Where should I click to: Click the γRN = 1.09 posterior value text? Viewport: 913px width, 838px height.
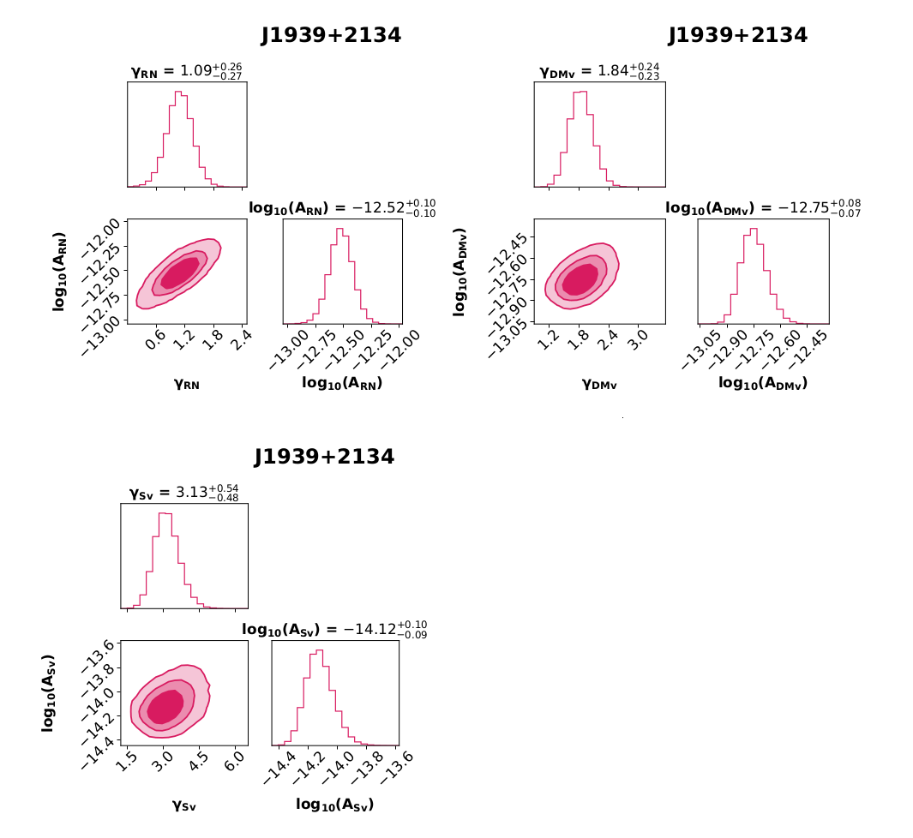[186, 72]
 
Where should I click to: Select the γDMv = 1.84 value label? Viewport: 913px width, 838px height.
[599, 72]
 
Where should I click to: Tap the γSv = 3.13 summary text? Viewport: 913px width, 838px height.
[183, 493]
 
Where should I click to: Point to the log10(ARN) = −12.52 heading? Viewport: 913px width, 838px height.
[342, 208]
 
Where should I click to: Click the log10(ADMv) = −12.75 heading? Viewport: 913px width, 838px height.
[763, 207]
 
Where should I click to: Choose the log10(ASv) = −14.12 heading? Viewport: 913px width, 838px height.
[334, 630]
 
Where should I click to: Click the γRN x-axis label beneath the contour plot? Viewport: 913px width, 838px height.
[186, 385]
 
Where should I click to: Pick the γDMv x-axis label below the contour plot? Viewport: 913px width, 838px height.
[598, 385]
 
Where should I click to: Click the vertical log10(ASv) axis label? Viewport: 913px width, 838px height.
[49, 692]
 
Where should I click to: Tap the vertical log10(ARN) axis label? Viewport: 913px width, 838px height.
[59, 270]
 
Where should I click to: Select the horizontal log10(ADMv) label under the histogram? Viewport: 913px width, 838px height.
[763, 383]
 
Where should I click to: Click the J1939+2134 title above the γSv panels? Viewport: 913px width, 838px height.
[324, 457]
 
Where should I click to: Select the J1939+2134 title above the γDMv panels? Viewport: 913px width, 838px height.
[737, 35]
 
